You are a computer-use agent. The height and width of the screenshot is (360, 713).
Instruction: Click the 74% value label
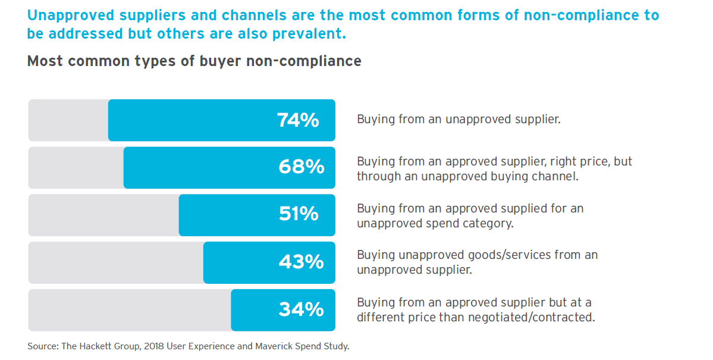pyautogui.click(x=298, y=120)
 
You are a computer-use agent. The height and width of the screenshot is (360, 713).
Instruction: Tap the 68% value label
pyautogui.click(x=301, y=167)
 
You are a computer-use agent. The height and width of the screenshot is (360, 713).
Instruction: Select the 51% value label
pyautogui.click(x=299, y=214)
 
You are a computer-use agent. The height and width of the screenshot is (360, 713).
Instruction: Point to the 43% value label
pyautogui.click(x=301, y=262)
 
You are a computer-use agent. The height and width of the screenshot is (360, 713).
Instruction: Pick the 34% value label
pyautogui.click(x=301, y=309)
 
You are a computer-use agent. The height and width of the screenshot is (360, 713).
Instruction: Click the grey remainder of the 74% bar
pyautogui.click(x=68, y=120)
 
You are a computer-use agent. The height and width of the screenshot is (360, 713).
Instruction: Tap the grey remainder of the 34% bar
pyautogui.click(x=129, y=310)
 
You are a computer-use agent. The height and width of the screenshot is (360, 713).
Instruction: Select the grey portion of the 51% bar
pyautogui.click(x=103, y=215)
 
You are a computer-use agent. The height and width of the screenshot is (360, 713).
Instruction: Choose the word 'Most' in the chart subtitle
pyautogui.click(x=45, y=61)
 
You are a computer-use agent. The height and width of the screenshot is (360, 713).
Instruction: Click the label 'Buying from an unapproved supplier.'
pyautogui.click(x=458, y=119)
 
